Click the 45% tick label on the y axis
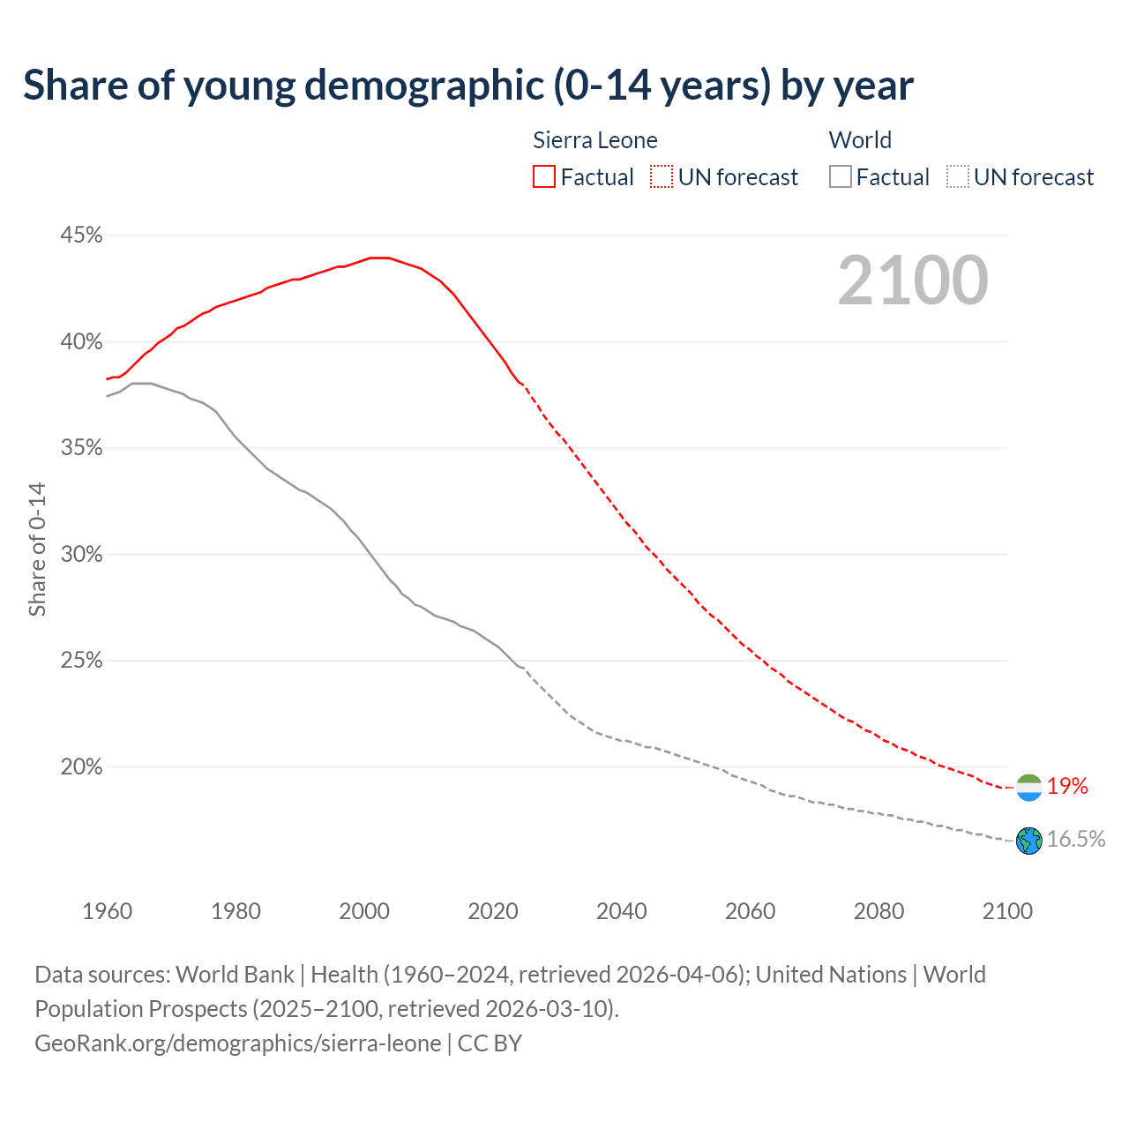point(81,236)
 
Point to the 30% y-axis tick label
point(81,555)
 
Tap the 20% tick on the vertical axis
point(81,767)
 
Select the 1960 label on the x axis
point(107,911)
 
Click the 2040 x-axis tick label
point(621,911)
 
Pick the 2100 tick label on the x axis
point(1006,911)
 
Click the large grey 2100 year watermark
point(913,280)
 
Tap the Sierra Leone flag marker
point(1029,787)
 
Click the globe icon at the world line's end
point(1029,841)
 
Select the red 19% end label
point(1067,787)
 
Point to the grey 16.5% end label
point(1076,840)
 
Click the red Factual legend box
point(544,177)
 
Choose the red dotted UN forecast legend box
point(662,177)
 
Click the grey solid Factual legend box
point(841,177)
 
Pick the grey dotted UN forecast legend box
point(958,177)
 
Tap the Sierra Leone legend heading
point(595,140)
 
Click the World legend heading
point(860,140)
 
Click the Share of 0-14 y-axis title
point(37,549)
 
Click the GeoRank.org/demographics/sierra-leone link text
point(238,1043)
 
